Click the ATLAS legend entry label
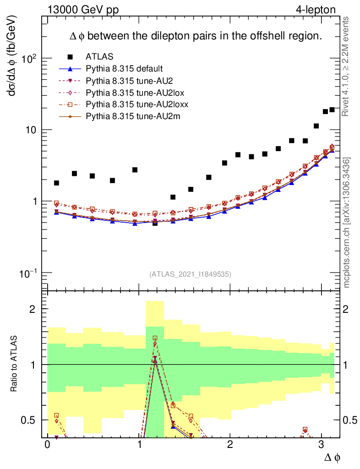(x=99, y=57)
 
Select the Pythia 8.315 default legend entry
(x=124, y=69)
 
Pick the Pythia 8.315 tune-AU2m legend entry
(x=133, y=116)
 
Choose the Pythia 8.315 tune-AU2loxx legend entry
(x=137, y=104)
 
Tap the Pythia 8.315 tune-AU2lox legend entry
(x=135, y=93)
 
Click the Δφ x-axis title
(x=333, y=458)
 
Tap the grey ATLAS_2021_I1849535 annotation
(x=190, y=274)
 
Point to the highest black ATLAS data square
(x=332, y=109)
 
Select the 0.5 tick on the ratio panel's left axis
(x=30, y=420)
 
